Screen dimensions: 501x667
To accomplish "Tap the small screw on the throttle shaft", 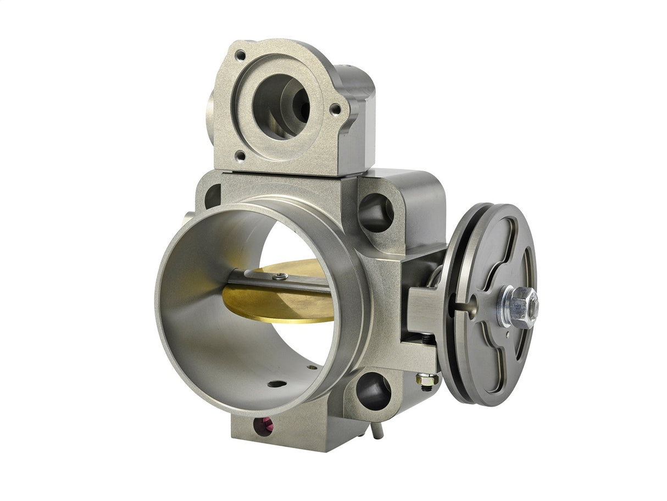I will tap(280, 277).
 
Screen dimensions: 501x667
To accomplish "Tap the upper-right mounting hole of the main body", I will tap(376, 212).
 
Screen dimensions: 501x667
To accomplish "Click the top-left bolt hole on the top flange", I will tap(240, 55).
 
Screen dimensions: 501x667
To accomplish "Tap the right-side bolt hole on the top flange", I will tap(335, 109).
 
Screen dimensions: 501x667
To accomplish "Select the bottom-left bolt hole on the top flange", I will tap(240, 156).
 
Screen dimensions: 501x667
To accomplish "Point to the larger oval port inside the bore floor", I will tap(276, 384).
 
